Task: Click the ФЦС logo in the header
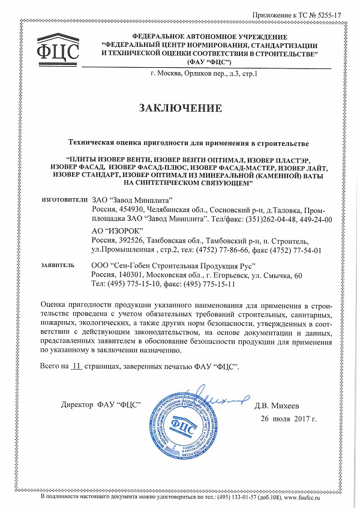[58, 50]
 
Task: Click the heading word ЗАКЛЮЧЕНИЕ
[180, 108]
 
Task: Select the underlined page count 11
[75, 366]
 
